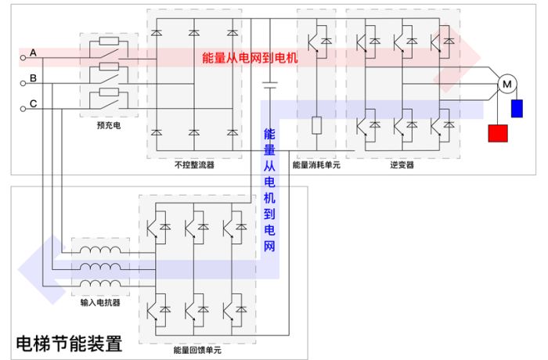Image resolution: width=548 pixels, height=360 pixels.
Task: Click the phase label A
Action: (x=34, y=52)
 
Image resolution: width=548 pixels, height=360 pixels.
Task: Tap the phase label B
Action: (x=34, y=77)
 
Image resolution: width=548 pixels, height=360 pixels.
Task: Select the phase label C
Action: (x=34, y=103)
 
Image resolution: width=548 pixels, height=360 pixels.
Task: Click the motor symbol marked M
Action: (x=506, y=84)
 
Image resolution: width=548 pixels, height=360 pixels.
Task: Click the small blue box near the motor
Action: (x=517, y=108)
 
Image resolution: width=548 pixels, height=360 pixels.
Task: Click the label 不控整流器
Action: (x=194, y=165)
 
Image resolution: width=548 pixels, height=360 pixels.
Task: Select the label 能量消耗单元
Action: (x=316, y=165)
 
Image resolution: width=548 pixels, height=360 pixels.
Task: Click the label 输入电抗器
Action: (x=99, y=300)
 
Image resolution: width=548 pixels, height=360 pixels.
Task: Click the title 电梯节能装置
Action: (x=70, y=343)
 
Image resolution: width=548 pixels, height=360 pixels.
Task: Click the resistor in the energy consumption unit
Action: (x=316, y=125)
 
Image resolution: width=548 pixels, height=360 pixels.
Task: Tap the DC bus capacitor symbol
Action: (x=269, y=85)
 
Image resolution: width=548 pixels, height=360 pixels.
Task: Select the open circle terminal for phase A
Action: (x=22, y=56)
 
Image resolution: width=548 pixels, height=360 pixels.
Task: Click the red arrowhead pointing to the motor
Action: (x=449, y=74)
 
